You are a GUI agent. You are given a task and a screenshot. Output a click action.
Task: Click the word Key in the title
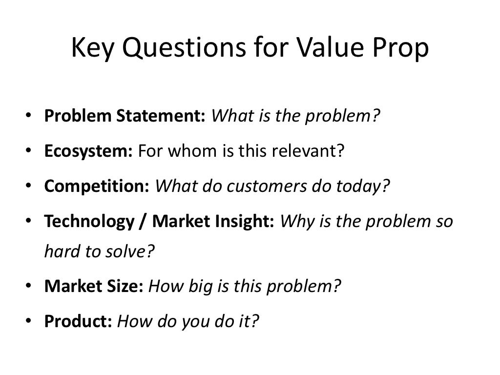tap(91, 49)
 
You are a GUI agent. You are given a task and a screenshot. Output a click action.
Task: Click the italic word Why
tap(294, 222)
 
